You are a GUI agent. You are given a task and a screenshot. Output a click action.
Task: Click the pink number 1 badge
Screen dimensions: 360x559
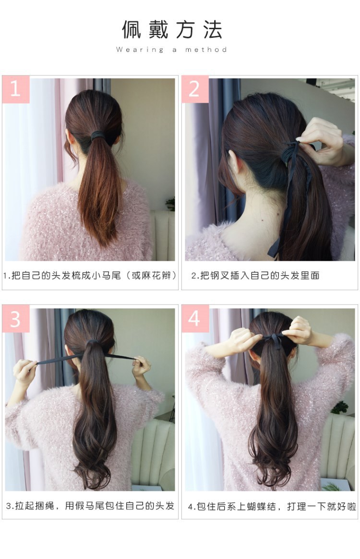[16, 89]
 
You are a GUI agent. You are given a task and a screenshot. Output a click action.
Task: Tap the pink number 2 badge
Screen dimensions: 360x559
[195, 89]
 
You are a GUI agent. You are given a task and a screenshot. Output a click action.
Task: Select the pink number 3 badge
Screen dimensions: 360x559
[16, 319]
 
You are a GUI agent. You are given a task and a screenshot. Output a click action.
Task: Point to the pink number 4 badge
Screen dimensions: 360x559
[195, 319]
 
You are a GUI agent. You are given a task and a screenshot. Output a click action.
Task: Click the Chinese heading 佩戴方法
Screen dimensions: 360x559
[172, 29]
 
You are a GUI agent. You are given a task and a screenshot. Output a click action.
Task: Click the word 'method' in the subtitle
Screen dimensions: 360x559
[206, 49]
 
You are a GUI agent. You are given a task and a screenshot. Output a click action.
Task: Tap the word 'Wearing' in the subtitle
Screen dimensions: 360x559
[140, 49]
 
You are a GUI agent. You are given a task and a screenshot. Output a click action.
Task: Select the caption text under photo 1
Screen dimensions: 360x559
[90, 276]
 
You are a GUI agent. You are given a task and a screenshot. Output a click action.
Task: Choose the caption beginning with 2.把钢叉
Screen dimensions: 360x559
[255, 276]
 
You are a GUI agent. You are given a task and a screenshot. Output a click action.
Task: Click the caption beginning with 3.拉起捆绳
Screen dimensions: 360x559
[90, 506]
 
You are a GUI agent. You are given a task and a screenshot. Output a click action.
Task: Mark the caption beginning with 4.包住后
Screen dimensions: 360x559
[272, 506]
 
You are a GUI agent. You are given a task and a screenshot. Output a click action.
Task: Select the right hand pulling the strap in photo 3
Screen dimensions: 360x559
[142, 366]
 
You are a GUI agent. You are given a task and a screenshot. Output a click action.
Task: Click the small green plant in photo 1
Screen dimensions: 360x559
[170, 204]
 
